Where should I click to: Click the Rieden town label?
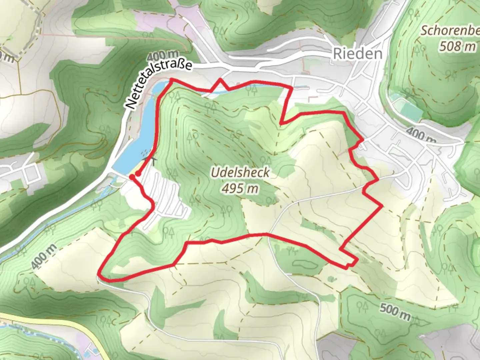[x=358, y=54]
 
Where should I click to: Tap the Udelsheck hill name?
[x=240, y=173]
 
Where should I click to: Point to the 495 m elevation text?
[x=240, y=189]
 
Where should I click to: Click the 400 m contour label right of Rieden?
[x=421, y=135]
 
